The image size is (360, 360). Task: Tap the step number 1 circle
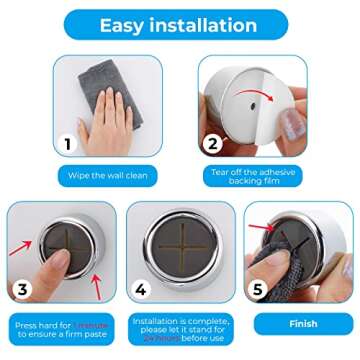tap(68, 144)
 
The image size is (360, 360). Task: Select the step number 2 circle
tap(212, 144)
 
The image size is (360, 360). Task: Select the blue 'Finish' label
tap(302, 324)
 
